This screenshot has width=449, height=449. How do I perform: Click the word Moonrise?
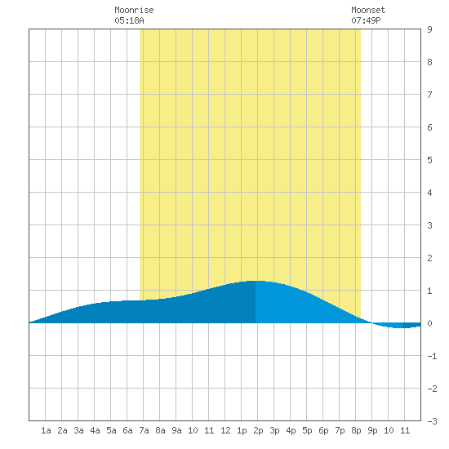pyautogui.click(x=134, y=10)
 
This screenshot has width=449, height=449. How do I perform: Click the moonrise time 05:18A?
pyautogui.click(x=129, y=20)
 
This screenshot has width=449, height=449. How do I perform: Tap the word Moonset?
pyautogui.click(x=368, y=10)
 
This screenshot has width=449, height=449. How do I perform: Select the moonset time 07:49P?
pyautogui.click(x=366, y=20)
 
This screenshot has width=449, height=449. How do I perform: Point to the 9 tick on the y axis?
pyautogui.click(x=429, y=29)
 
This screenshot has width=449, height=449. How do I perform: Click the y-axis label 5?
pyautogui.click(x=429, y=160)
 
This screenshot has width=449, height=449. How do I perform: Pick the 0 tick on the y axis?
pyautogui.click(x=429, y=323)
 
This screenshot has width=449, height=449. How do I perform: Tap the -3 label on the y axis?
pyautogui.click(x=432, y=421)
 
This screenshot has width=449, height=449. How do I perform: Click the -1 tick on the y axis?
pyautogui.click(x=432, y=356)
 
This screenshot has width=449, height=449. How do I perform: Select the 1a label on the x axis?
pyautogui.click(x=46, y=430)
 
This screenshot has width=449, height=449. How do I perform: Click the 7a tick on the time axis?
pyautogui.click(x=144, y=430)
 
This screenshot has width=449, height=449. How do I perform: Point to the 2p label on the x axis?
pyautogui.click(x=258, y=430)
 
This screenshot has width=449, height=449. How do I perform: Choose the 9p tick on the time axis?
pyautogui.click(x=372, y=430)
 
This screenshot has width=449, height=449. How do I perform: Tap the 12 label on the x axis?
pyautogui.click(x=225, y=430)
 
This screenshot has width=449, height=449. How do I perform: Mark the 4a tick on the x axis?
pyautogui.click(x=95, y=430)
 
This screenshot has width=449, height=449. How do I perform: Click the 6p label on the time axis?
pyautogui.click(x=323, y=430)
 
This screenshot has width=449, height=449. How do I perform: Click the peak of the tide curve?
pyautogui.click(x=256, y=281)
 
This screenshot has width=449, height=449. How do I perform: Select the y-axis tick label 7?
pyautogui.click(x=429, y=95)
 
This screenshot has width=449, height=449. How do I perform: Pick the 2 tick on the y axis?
pyautogui.click(x=429, y=258)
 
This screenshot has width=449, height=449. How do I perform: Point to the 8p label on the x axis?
pyautogui.click(x=356, y=430)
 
